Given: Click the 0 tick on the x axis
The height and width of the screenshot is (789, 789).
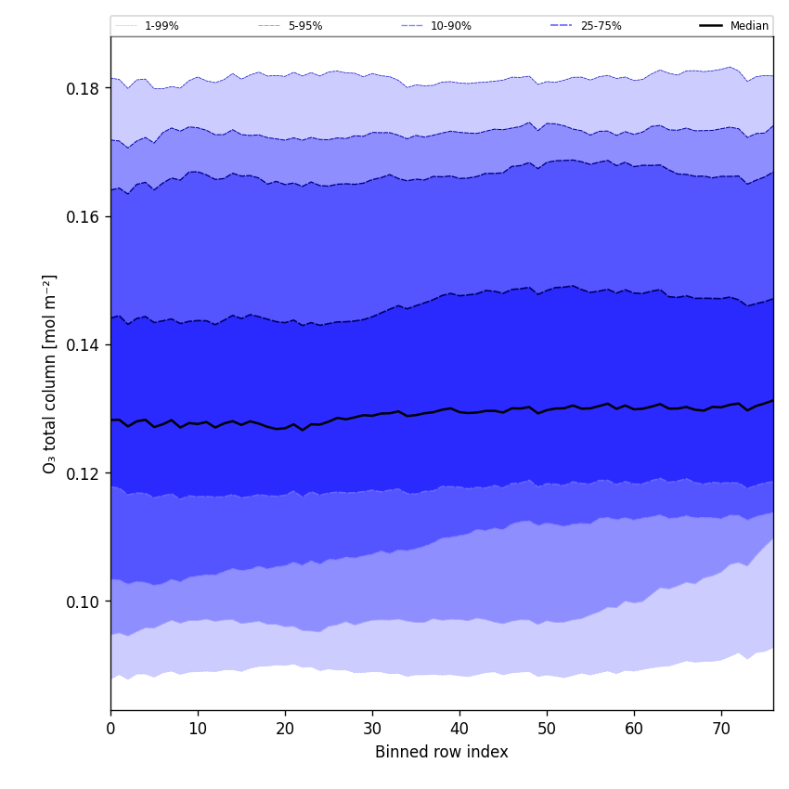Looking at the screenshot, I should (x=110, y=730).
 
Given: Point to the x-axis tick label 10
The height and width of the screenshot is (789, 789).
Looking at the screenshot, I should (x=198, y=730).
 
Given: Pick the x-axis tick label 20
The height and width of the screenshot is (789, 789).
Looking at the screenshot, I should (x=285, y=730).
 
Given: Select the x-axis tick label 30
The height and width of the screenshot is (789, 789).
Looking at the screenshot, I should (x=372, y=730).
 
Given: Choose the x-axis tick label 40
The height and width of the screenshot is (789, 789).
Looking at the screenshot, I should (x=459, y=730).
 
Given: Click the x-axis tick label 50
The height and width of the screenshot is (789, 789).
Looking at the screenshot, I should (x=547, y=730).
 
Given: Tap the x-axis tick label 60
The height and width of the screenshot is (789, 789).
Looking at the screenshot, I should (x=634, y=730).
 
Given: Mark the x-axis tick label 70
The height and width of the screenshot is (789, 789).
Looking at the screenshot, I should (x=721, y=730).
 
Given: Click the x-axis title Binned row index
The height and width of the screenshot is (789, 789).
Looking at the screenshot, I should (x=442, y=752).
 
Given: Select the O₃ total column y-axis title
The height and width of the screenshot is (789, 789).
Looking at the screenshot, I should (x=50, y=373).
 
